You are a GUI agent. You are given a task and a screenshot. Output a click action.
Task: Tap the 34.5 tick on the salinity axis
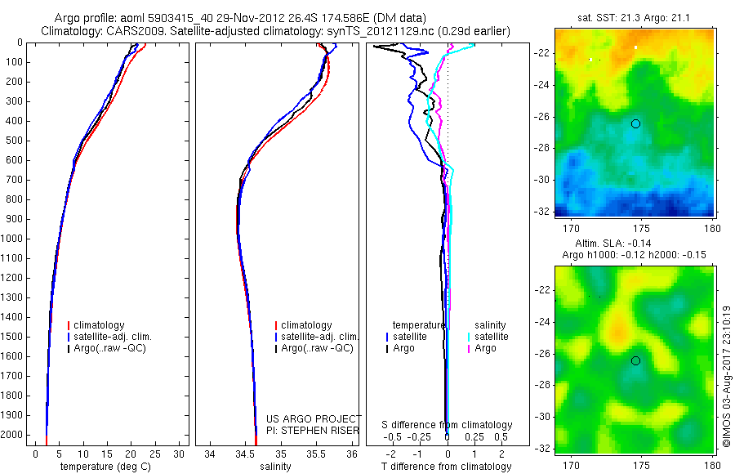point(246,454)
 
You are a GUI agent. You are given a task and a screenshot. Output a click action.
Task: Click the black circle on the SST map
point(635,123)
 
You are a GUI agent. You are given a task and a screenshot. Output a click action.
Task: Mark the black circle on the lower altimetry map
point(635,360)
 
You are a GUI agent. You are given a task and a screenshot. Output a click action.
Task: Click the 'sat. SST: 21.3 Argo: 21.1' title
point(635,18)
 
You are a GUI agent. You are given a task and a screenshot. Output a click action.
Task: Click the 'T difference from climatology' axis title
point(446,467)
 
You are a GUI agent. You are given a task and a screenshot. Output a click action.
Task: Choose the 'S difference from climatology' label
point(447,425)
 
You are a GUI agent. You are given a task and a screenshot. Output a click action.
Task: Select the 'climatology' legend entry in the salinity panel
point(305,325)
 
